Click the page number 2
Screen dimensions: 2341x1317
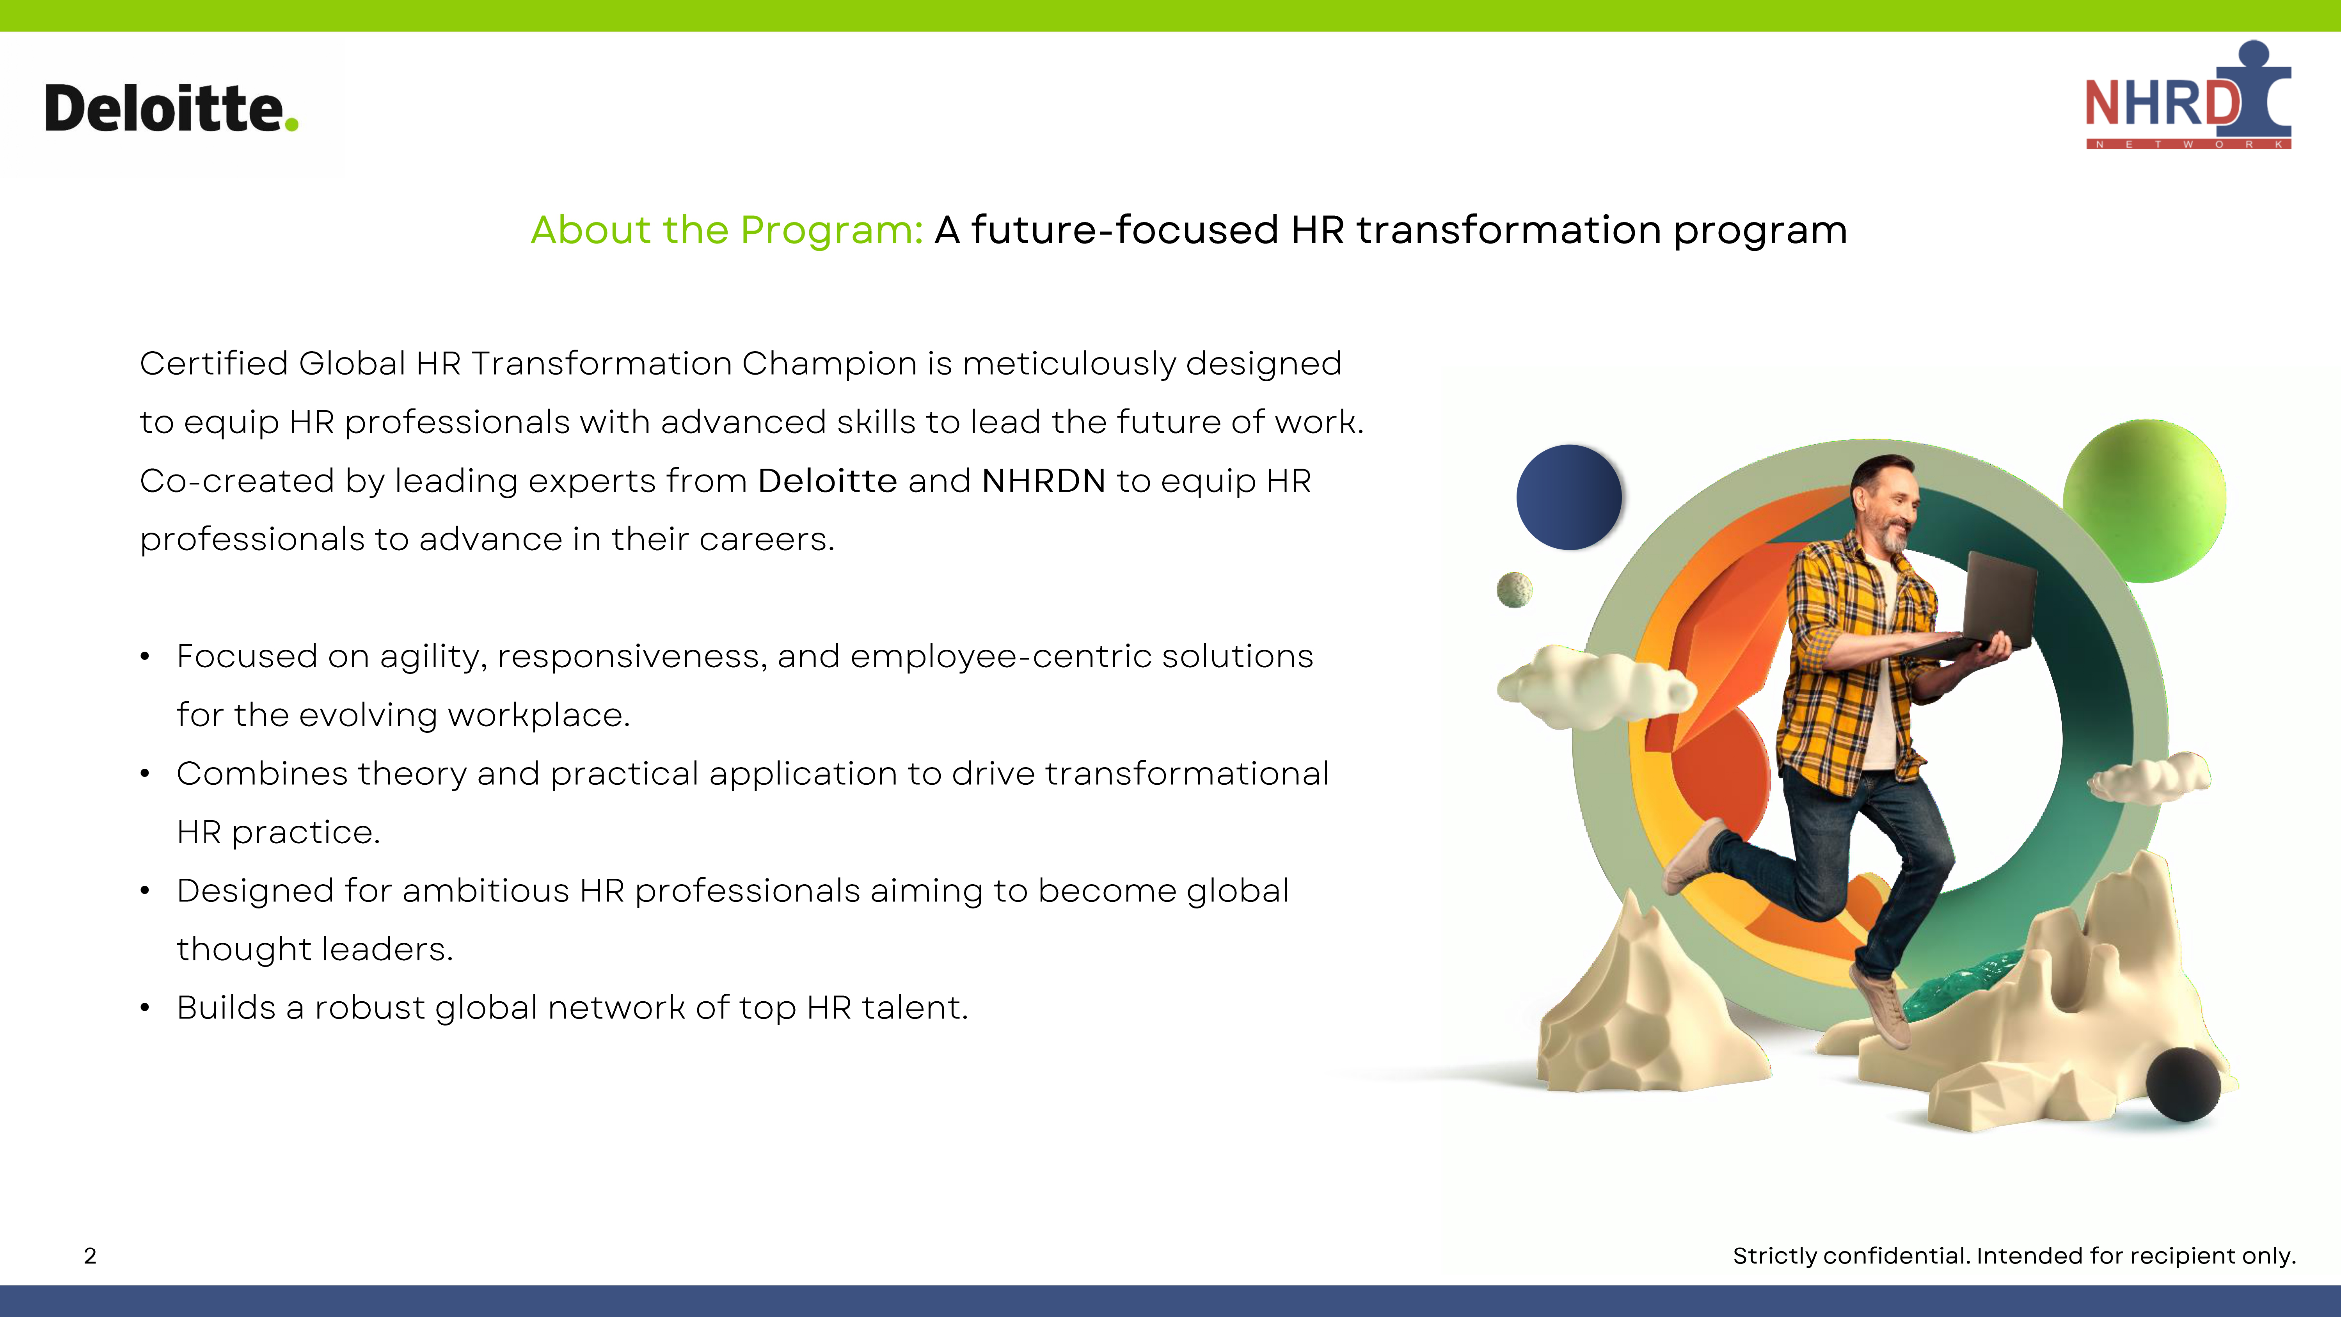click(90, 1256)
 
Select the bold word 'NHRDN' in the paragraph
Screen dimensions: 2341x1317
click(1043, 481)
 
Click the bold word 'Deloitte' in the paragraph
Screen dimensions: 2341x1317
click(827, 481)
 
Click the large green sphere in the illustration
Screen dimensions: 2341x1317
click(2145, 501)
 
